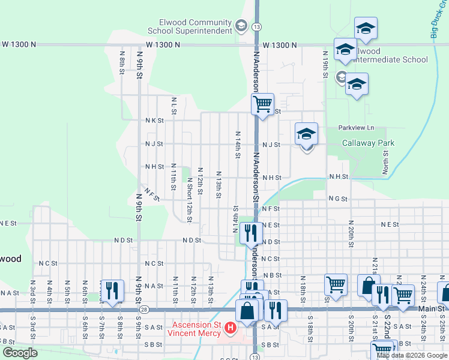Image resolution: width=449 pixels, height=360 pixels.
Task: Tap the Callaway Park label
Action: [368, 143]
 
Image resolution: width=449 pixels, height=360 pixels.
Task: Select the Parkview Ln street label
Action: [355, 128]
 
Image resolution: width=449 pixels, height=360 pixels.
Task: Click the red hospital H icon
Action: [230, 328]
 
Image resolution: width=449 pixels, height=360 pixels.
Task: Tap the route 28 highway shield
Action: [145, 310]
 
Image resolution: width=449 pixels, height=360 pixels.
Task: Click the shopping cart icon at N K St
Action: [262, 104]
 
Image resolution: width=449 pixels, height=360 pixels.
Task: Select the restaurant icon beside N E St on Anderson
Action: [250, 232]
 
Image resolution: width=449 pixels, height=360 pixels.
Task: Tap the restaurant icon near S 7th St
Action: [112, 290]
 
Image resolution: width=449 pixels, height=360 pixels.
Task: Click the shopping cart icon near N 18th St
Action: [335, 284]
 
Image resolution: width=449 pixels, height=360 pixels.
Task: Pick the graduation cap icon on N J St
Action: [306, 134]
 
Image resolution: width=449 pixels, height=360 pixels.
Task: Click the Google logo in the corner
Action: [20, 353]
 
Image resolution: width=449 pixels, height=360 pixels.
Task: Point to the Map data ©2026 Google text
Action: [412, 355]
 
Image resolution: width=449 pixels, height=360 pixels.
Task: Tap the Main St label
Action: [432, 308]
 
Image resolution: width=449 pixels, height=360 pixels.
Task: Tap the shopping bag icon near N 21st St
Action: [367, 285]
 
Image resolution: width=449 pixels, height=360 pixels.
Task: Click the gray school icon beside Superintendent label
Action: [241, 25]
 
